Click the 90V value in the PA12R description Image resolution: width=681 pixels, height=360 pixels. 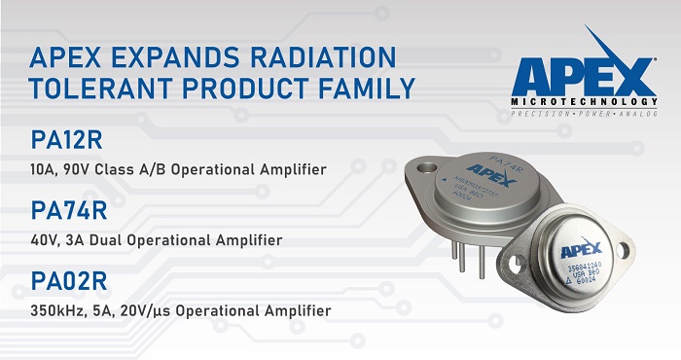point(90,171)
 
